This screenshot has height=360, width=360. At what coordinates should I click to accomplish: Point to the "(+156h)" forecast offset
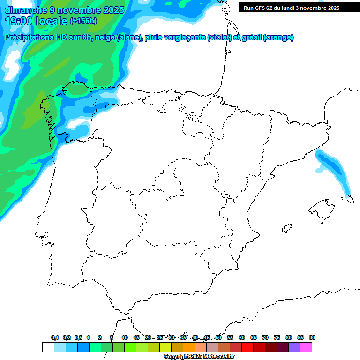click(x=83, y=21)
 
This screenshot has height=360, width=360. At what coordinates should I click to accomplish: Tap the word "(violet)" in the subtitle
click(x=219, y=37)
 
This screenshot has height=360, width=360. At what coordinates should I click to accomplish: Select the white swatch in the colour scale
click(x=48, y=347)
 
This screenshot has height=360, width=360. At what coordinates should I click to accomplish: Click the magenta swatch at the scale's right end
click(x=306, y=347)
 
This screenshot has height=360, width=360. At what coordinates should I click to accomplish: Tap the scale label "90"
click(x=312, y=337)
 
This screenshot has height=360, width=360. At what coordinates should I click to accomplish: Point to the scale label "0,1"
click(x=55, y=337)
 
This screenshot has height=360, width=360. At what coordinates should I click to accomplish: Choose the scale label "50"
click(x=218, y=337)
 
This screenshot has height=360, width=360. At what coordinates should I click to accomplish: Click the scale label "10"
click(x=125, y=337)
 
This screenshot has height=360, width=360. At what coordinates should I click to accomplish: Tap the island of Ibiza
click(x=285, y=228)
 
